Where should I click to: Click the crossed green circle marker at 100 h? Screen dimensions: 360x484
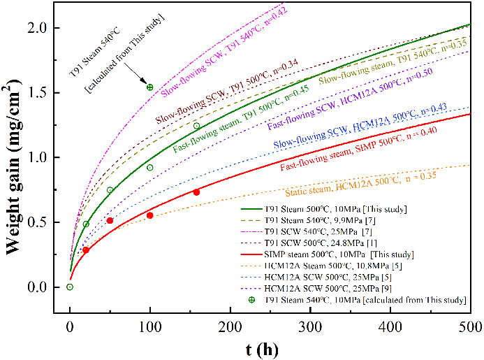(149, 87)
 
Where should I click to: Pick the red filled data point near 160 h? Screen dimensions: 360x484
(196, 192)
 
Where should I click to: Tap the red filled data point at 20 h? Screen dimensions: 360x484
(85, 250)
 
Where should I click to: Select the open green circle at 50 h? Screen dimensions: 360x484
(110, 190)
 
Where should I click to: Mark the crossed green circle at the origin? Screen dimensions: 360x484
(69, 287)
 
